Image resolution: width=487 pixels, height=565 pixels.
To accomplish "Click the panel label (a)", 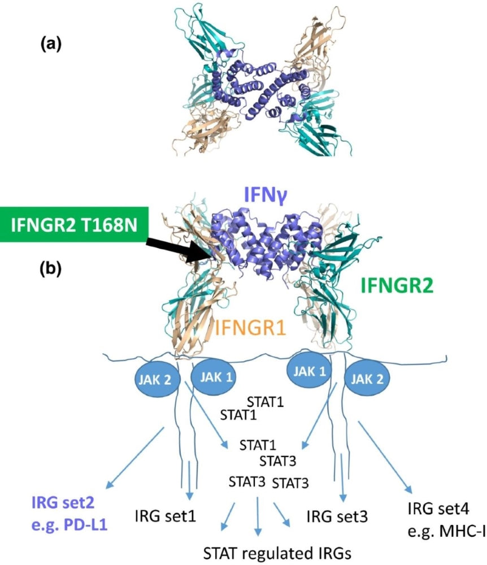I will (53, 45).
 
